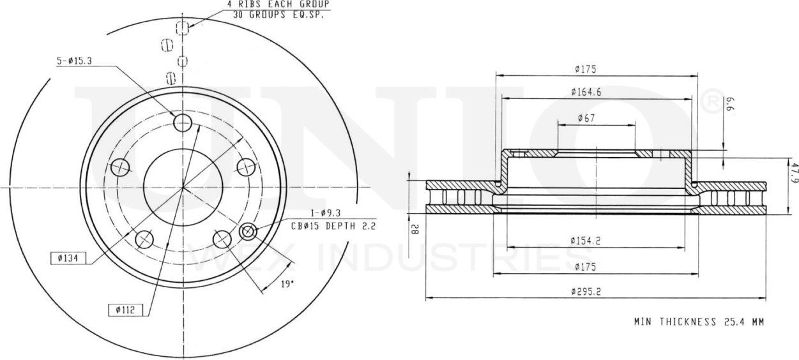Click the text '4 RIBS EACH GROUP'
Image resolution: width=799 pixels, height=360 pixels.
[279, 4]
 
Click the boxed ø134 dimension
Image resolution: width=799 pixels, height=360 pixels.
[68, 258]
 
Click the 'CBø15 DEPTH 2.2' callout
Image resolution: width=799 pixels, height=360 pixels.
[333, 226]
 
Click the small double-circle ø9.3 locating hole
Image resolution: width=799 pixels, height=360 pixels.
[248, 232]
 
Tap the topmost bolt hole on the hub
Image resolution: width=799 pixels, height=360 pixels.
[183, 122]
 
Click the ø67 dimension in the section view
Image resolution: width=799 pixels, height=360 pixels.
[586, 117]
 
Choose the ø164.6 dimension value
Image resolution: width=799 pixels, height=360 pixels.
[586, 92]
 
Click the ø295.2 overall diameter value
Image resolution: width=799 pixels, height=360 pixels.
[586, 291]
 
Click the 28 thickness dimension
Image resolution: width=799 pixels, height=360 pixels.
[415, 229]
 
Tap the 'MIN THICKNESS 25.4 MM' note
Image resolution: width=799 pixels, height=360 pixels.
[699, 322]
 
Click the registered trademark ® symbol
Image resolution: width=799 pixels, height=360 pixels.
[713, 101]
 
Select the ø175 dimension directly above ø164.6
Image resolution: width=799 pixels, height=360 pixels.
[586, 69]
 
